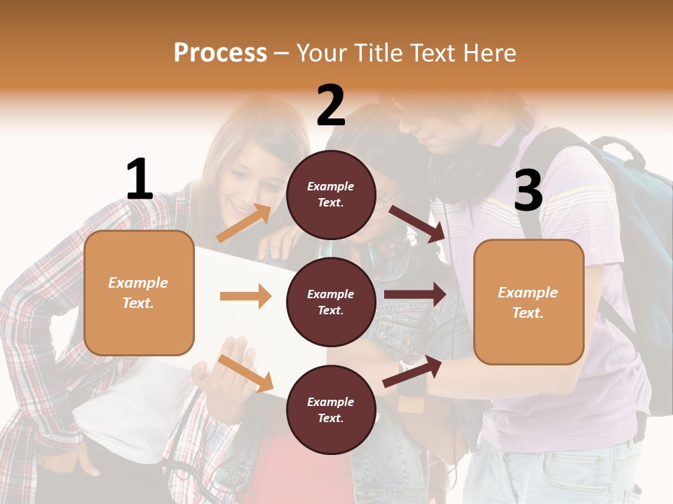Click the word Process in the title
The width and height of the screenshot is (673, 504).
tap(220, 53)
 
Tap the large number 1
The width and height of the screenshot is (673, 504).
tap(140, 180)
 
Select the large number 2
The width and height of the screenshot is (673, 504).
tap(331, 106)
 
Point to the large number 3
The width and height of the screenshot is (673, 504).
tap(528, 190)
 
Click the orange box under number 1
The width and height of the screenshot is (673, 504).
tap(139, 293)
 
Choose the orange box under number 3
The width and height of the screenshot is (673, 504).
tap(529, 302)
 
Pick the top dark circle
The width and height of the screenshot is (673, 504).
tap(331, 195)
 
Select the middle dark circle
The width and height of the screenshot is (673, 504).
tap(331, 302)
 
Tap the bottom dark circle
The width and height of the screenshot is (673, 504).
tap(331, 410)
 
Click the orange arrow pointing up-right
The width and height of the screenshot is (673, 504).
tap(244, 223)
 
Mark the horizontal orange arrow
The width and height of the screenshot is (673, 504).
tap(245, 296)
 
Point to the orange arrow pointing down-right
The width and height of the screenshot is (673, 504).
tap(245, 372)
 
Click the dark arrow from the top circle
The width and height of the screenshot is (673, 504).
tap(417, 223)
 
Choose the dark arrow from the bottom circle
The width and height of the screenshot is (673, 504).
tap(412, 372)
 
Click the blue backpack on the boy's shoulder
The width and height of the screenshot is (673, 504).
tap(624, 210)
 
